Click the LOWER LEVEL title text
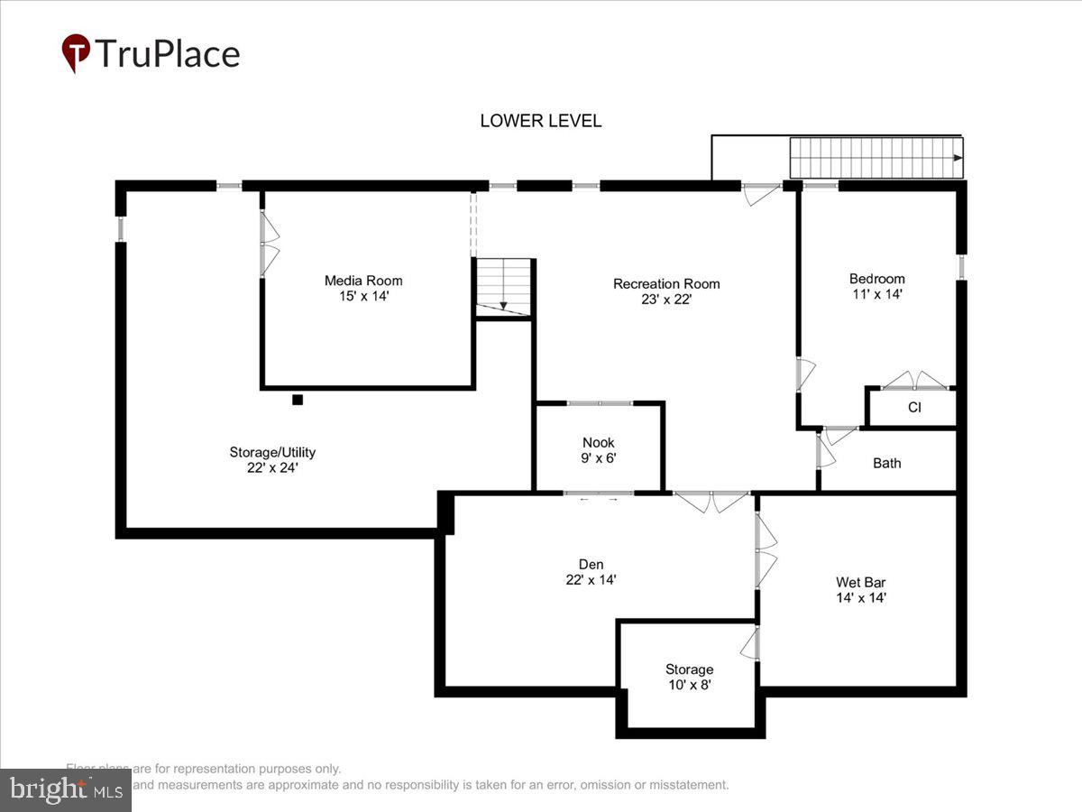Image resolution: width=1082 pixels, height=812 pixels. pyautogui.click(x=540, y=121)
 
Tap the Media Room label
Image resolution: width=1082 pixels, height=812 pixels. pyautogui.click(x=363, y=281)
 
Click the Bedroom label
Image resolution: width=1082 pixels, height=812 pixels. pyautogui.click(x=876, y=279)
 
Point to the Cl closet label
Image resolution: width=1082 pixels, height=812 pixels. pyautogui.click(x=914, y=408)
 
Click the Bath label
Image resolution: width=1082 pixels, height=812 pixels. pyautogui.click(x=886, y=463)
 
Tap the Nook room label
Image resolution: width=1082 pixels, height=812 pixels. pyautogui.click(x=598, y=442)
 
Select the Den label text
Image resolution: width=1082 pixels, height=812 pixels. pyautogui.click(x=591, y=565)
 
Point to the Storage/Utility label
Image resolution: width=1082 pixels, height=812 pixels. pyautogui.click(x=272, y=452)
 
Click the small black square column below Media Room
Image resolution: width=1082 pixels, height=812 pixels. pyautogui.click(x=297, y=400)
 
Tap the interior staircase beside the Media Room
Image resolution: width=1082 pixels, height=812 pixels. pyautogui.click(x=503, y=287)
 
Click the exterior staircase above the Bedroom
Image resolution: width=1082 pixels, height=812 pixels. pyautogui.click(x=876, y=158)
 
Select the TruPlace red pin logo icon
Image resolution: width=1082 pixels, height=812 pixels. pyautogui.click(x=76, y=52)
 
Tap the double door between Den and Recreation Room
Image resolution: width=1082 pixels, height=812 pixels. pyautogui.click(x=712, y=502)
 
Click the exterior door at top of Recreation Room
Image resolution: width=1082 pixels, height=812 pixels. pyautogui.click(x=763, y=192)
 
